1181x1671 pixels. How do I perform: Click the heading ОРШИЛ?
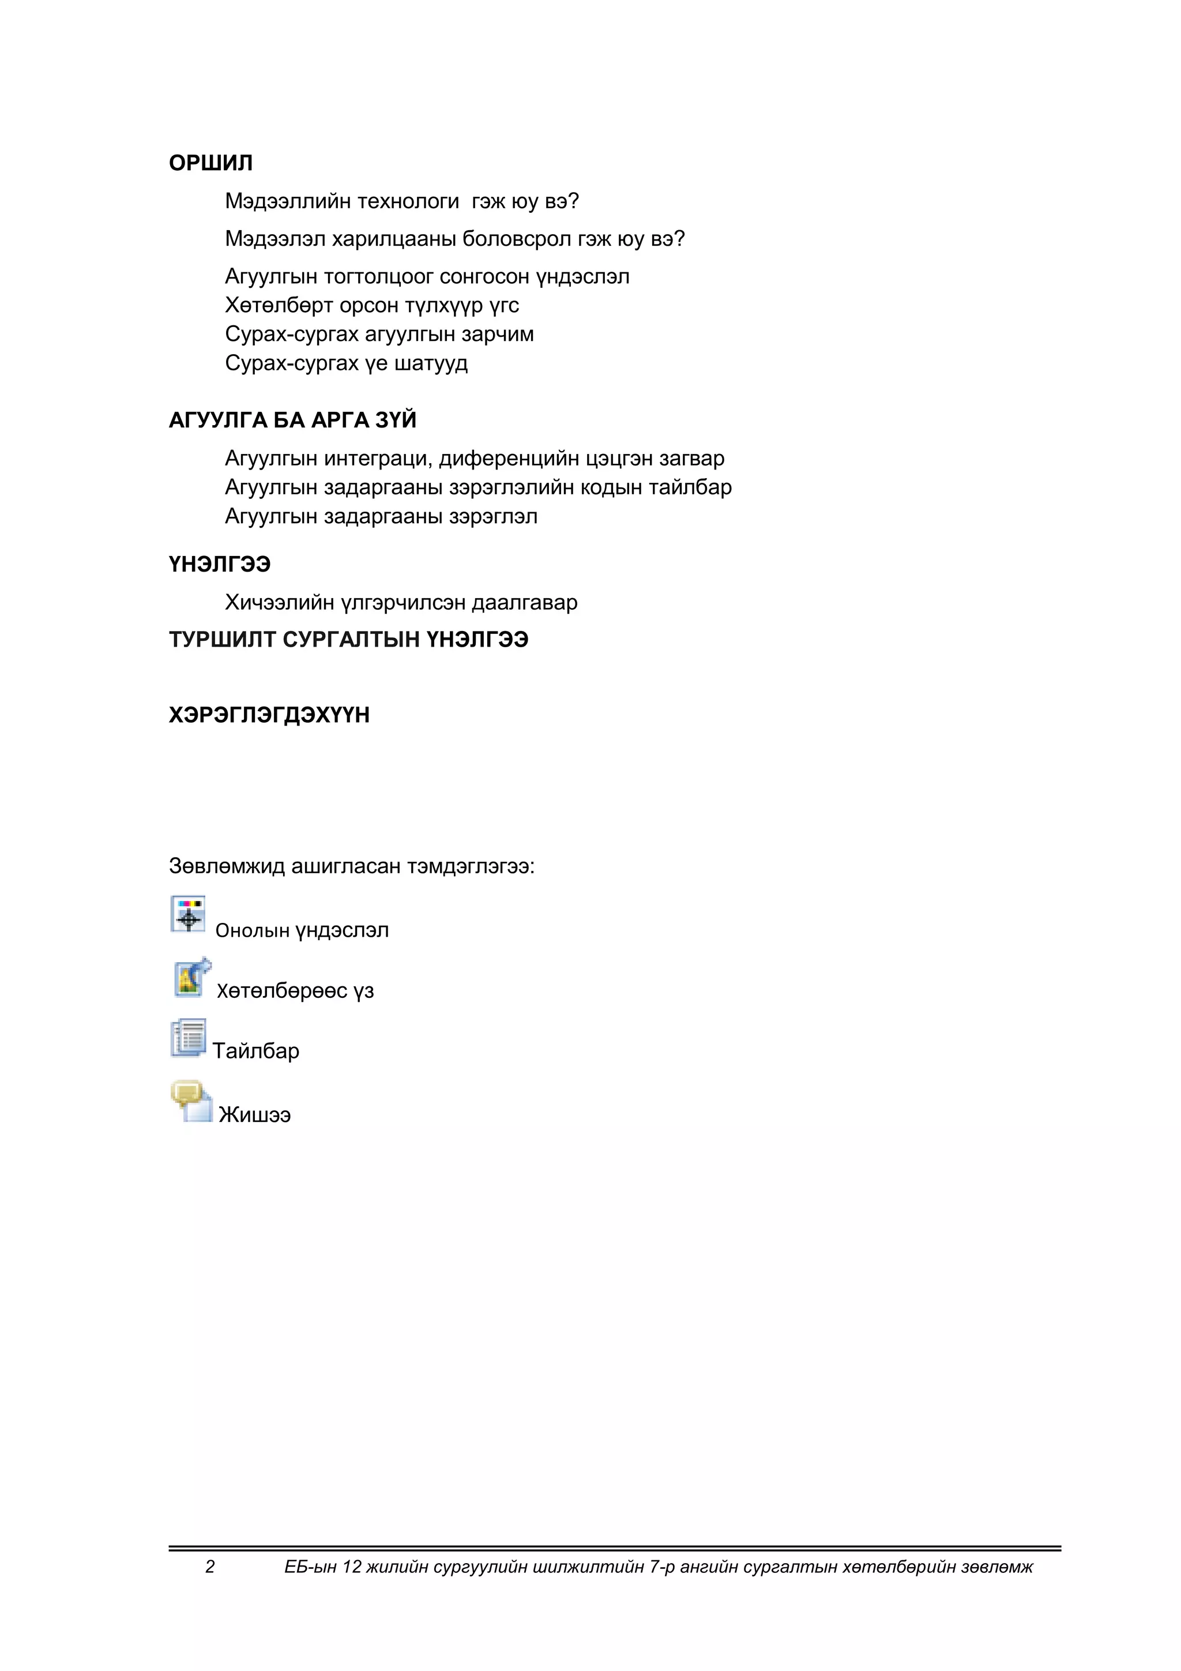pos(210,163)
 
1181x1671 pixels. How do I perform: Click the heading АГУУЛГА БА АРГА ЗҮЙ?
pos(292,420)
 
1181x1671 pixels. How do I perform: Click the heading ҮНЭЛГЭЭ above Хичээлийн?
pos(220,565)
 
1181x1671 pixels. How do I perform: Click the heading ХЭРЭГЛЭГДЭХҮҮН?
pos(269,715)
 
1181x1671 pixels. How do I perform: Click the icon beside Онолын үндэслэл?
pos(188,914)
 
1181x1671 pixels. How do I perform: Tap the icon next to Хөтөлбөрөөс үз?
pos(191,978)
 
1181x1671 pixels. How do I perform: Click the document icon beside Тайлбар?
pos(188,1038)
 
